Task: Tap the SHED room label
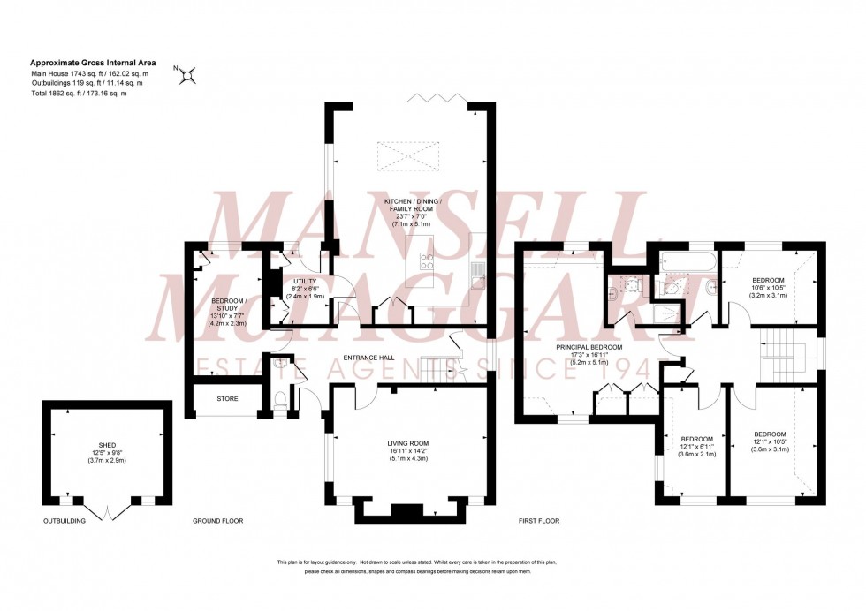(108, 446)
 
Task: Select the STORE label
(227, 398)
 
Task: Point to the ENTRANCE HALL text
(368, 358)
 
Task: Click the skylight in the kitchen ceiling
(407, 156)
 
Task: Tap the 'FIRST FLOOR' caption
(539, 521)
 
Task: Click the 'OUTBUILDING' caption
(65, 521)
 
